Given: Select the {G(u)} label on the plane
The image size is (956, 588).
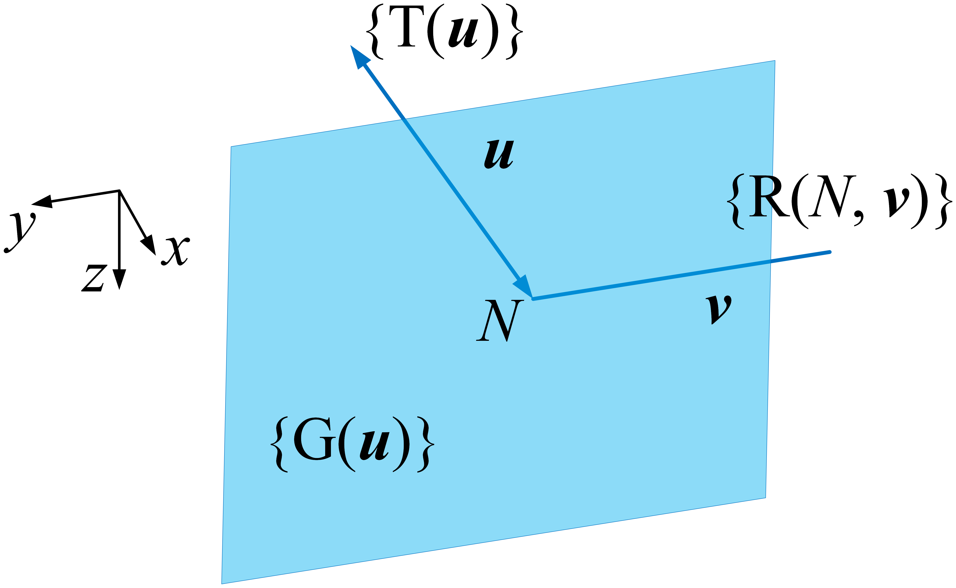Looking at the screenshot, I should [x=352, y=444].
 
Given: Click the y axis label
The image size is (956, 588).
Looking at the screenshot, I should [x=20, y=232].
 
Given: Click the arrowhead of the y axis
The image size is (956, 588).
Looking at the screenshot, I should [x=43, y=201].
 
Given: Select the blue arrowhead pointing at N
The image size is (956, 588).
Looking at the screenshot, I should [x=524, y=287].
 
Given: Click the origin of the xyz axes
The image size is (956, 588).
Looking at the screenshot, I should [x=119, y=191].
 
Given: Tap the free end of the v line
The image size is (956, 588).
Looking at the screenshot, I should [x=830, y=252].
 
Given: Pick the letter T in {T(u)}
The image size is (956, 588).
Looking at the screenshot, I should [x=406, y=27].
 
